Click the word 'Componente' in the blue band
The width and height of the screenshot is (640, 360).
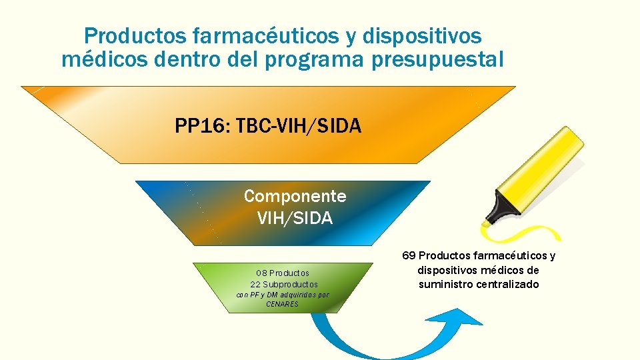point(295,196)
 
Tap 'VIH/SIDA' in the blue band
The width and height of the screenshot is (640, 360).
point(295,218)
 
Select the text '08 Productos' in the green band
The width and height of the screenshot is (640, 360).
point(283,273)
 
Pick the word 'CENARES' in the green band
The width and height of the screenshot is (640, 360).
point(283,304)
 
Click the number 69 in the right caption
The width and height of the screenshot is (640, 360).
point(409,256)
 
